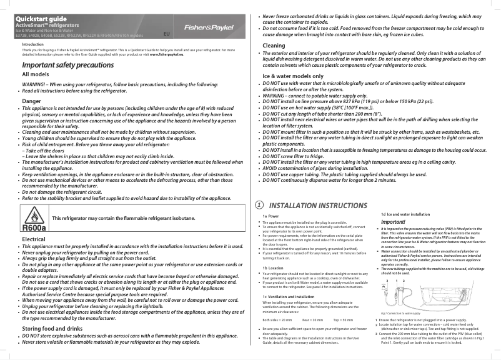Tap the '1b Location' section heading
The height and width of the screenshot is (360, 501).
pyautogui.click(x=273, y=267)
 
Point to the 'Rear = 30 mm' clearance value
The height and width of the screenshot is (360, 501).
pyautogui.click(x=315, y=319)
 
